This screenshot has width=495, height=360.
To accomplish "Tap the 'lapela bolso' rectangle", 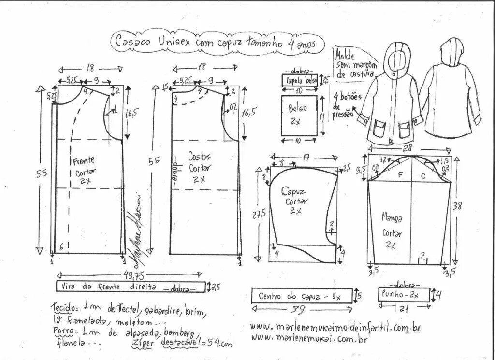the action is [300, 81].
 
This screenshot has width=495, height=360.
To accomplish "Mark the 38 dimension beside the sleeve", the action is [457, 205].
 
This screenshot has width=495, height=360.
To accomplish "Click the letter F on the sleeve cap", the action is [400, 175].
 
